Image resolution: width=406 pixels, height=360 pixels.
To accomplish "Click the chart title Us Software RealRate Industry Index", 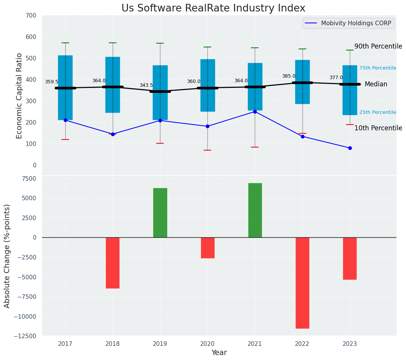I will point(213,8).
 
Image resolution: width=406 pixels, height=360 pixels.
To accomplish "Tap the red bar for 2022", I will point(302,283).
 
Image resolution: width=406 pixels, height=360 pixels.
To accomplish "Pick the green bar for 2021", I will point(255,210).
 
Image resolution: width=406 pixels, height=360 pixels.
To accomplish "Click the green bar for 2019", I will point(160,212).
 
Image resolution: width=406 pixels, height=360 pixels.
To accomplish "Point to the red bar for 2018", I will point(113,263).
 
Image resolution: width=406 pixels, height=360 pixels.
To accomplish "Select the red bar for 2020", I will point(207,248).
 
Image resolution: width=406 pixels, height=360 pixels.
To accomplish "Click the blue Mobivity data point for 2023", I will point(350,148).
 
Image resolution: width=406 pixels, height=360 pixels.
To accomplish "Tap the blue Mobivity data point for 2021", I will point(255,112).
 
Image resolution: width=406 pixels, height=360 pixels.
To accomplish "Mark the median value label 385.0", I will point(289,76).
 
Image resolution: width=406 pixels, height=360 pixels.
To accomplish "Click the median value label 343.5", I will point(146,86).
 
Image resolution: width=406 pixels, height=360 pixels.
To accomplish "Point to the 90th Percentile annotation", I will point(378,47).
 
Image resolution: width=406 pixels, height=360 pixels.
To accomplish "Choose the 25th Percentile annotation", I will point(377,112).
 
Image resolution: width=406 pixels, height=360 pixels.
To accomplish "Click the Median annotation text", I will point(376,84).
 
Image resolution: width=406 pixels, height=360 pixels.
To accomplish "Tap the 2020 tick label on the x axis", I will point(207,344).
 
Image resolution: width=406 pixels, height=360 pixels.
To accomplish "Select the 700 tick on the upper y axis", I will point(31,16).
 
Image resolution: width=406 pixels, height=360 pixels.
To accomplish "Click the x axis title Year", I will point(219,353).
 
